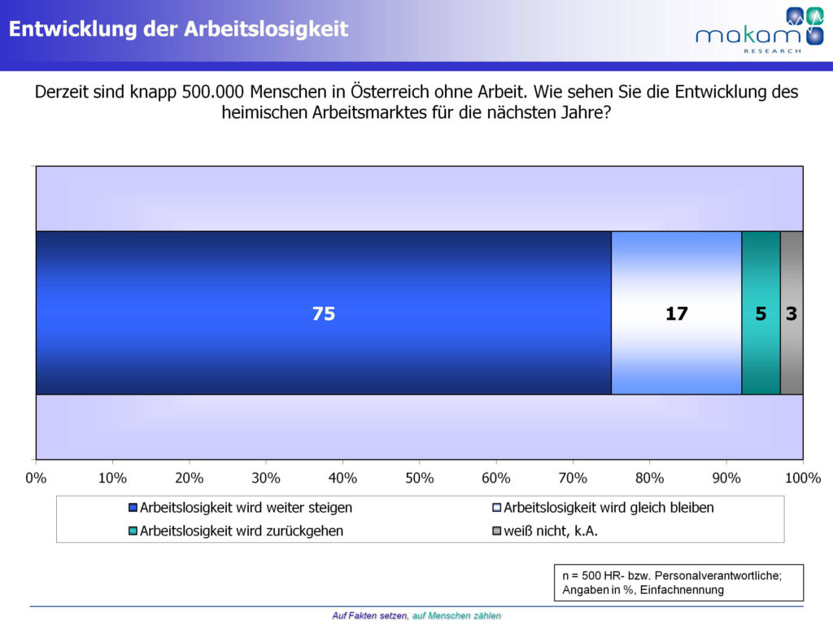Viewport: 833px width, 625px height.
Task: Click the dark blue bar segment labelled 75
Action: click(324, 313)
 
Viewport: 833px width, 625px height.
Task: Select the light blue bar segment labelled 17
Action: click(676, 313)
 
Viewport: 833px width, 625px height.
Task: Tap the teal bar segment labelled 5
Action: click(761, 313)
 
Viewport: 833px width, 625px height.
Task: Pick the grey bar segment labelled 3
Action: click(792, 313)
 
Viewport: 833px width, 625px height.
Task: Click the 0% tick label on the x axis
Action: click(36, 477)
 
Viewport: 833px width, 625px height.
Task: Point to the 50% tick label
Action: click(419, 477)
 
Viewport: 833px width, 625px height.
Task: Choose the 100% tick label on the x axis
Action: click(802, 477)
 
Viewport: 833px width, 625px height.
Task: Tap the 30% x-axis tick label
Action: click(266, 477)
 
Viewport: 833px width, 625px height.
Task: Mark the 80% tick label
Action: click(649, 477)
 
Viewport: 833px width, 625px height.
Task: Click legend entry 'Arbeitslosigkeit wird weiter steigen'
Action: click(246, 508)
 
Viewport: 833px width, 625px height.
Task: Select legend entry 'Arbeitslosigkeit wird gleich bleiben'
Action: click(608, 508)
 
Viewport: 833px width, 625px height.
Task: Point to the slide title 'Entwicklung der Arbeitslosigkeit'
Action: click(178, 29)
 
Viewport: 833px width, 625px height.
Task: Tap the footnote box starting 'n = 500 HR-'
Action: click(677, 583)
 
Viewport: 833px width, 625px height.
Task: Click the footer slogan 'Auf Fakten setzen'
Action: click(370, 615)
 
